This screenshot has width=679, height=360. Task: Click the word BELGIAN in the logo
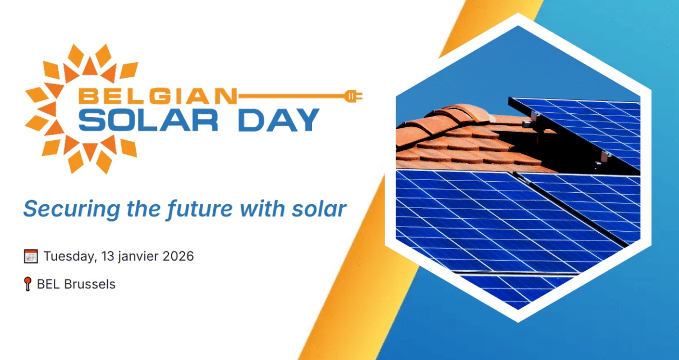coord(157,96)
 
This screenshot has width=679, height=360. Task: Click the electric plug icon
coord(353,96)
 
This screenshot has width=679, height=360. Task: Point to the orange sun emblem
coord(82,108)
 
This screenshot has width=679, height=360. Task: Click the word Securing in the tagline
coord(72,209)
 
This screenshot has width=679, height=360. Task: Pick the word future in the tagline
coord(200,209)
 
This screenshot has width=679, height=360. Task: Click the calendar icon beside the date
coord(31,256)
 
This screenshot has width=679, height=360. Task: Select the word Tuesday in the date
coord(70,256)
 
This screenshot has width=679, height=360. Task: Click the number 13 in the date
coord(108,256)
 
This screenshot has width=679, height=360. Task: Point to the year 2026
coord(178,256)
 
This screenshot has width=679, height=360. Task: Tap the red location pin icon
coord(27,284)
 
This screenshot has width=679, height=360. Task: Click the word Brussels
coord(90,284)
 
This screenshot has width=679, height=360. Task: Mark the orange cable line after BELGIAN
coord(291,96)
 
